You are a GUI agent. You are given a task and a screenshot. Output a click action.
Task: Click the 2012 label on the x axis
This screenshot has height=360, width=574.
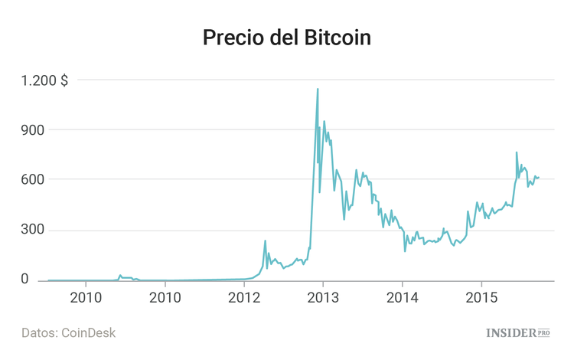pyautogui.click(x=243, y=296)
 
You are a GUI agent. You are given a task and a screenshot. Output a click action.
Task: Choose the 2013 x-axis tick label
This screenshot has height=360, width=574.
pyautogui.click(x=323, y=296)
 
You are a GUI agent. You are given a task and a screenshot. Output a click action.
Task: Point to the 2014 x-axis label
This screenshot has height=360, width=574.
pyautogui.click(x=402, y=296)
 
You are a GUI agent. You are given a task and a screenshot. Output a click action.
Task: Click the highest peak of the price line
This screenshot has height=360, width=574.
pyautogui.click(x=318, y=89)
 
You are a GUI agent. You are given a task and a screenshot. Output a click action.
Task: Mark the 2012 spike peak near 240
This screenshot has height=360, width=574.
pyautogui.click(x=265, y=241)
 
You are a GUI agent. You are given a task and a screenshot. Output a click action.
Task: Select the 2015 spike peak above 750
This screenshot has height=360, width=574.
pyautogui.click(x=517, y=152)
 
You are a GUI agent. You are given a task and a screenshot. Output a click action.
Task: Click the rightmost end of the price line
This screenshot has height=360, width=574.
pyautogui.click(x=539, y=177)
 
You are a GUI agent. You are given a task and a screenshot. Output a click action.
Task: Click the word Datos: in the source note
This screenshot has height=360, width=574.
pyautogui.click(x=41, y=333)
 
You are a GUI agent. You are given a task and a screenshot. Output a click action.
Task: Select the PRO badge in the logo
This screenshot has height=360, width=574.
pyautogui.click(x=544, y=332)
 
